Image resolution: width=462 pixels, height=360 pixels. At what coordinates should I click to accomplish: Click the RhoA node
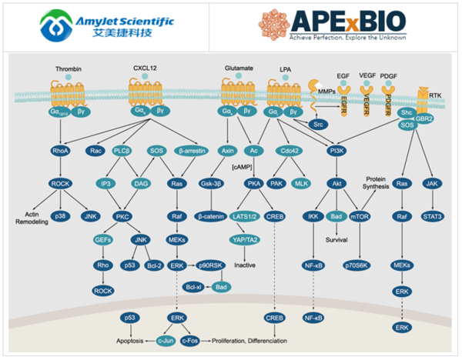click(60, 151)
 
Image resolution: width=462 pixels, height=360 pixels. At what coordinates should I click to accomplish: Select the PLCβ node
click(122, 151)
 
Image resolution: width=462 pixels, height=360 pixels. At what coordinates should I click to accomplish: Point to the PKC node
click(122, 218)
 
